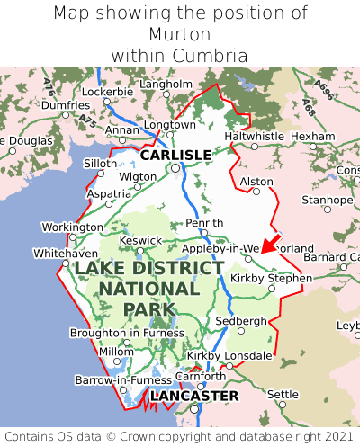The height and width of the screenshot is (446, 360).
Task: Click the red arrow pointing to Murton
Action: (x=267, y=245)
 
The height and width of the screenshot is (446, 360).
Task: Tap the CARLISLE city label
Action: (x=175, y=155)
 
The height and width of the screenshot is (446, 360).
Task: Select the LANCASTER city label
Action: (x=194, y=396)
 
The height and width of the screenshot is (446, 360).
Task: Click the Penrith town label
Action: (x=202, y=222)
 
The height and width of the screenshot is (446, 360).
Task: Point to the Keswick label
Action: (x=142, y=240)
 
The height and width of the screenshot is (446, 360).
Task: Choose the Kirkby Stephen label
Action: (x=271, y=278)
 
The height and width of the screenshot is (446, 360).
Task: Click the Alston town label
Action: (x=256, y=182)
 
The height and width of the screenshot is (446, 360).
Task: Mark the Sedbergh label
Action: (x=240, y=320)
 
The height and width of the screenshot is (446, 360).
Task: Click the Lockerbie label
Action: (x=107, y=92)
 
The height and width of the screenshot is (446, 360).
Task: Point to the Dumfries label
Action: (x=65, y=105)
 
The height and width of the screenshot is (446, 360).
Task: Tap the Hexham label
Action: (x=313, y=136)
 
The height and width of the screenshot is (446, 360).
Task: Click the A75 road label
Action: (x=86, y=118)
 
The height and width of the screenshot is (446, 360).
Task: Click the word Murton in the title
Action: (x=180, y=34)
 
